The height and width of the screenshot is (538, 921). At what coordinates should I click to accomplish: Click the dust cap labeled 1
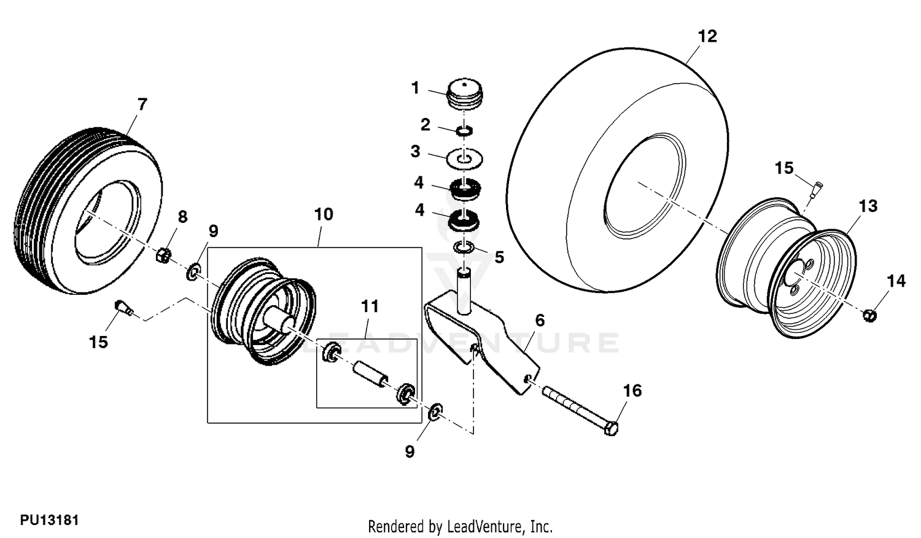pyautogui.click(x=465, y=95)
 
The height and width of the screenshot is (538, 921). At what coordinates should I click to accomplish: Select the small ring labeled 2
pyautogui.click(x=465, y=130)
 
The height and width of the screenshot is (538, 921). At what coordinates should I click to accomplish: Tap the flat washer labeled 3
pyautogui.click(x=465, y=158)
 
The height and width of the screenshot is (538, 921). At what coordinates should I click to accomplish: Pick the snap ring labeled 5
pyautogui.click(x=465, y=248)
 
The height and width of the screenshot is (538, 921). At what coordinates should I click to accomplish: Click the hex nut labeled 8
pyautogui.click(x=164, y=255)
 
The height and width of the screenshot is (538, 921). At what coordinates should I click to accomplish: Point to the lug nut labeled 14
pyautogui.click(x=869, y=315)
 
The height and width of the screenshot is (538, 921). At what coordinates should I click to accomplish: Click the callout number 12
pyautogui.click(x=707, y=36)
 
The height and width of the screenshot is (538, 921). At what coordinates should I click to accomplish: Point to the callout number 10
pyautogui.click(x=324, y=214)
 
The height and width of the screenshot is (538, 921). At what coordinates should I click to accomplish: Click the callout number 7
pyautogui.click(x=142, y=104)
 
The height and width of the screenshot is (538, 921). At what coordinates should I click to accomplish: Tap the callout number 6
pyautogui.click(x=540, y=320)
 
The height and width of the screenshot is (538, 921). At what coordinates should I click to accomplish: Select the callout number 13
pyautogui.click(x=868, y=206)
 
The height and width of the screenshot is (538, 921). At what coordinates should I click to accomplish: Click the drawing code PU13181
pyautogui.click(x=49, y=520)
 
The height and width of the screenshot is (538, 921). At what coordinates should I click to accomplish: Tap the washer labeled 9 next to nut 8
pyautogui.click(x=193, y=271)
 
